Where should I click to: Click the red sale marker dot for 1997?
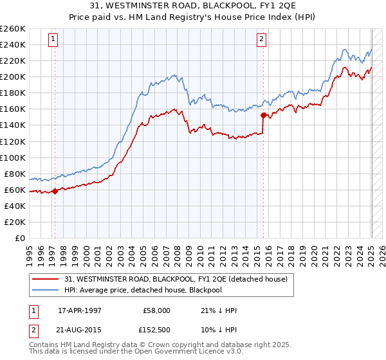point(55,191)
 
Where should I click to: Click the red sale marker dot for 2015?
point(263,115)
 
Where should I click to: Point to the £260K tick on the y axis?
point(13,29)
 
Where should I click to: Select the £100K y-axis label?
point(13,157)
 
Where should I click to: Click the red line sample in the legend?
point(46,278)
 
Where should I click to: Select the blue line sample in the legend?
point(46,290)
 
